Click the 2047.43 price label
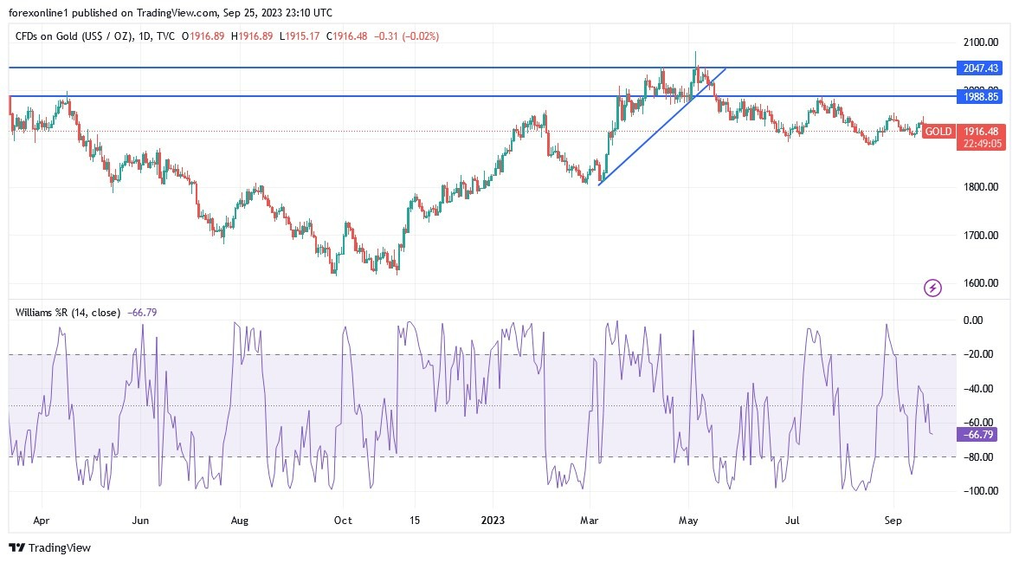point(981,68)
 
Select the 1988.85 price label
point(981,97)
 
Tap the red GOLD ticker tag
point(938,132)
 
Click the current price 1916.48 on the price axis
point(983,131)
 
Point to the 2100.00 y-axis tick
point(981,42)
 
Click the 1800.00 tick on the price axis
point(981,187)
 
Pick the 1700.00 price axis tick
point(981,236)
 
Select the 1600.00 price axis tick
point(981,283)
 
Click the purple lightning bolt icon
point(932,288)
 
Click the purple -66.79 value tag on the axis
point(977,434)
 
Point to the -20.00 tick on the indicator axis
point(979,354)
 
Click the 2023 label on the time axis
point(493,521)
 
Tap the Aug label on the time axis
point(240,521)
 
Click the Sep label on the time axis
point(893,521)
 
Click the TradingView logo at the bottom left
point(49,547)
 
